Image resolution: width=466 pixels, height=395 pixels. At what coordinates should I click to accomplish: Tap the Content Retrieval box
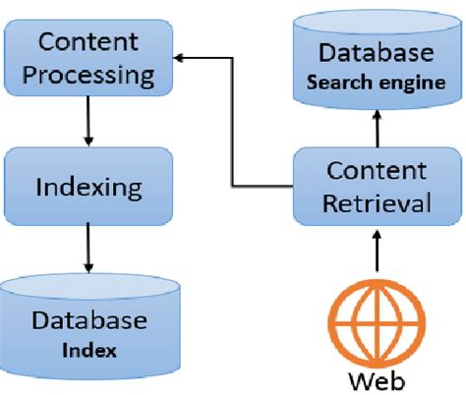pos(377,186)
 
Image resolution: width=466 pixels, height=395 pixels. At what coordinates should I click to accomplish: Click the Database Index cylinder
pos(89,324)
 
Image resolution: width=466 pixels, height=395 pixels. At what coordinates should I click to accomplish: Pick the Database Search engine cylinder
pos(378,63)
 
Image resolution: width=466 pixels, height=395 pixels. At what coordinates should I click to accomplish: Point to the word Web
pos(378,378)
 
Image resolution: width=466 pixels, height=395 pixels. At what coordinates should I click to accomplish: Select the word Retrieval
pos(379,203)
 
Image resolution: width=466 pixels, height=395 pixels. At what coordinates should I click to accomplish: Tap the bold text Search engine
pos(378,83)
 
